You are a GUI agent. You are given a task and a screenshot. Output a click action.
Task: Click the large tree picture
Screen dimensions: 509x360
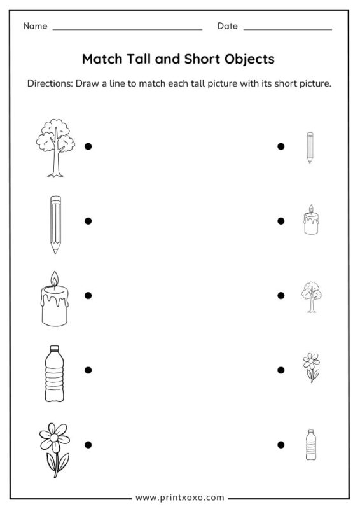pyautogui.click(x=54, y=148)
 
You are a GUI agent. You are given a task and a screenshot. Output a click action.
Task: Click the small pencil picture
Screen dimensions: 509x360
pyautogui.click(x=310, y=148)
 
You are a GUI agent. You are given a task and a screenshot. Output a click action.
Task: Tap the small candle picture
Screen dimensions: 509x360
pyautogui.click(x=310, y=221)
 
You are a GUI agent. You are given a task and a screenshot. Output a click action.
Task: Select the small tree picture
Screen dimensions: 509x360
pyautogui.click(x=310, y=296)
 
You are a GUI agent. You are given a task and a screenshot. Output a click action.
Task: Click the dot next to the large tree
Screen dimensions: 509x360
pyautogui.click(x=88, y=146)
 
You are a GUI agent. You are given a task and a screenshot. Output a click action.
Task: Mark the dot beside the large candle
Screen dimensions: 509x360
pyautogui.click(x=88, y=295)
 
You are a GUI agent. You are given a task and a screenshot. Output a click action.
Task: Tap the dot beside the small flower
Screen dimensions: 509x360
pyautogui.click(x=280, y=370)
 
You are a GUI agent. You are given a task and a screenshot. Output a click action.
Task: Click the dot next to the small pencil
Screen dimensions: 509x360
pyautogui.click(x=280, y=146)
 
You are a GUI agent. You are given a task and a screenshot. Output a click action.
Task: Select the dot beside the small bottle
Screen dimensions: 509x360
pyautogui.click(x=280, y=444)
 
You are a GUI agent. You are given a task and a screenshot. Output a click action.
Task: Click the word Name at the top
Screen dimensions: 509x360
pyautogui.click(x=36, y=26)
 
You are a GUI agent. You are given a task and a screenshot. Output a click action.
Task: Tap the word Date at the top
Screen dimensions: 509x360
pyautogui.click(x=227, y=26)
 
